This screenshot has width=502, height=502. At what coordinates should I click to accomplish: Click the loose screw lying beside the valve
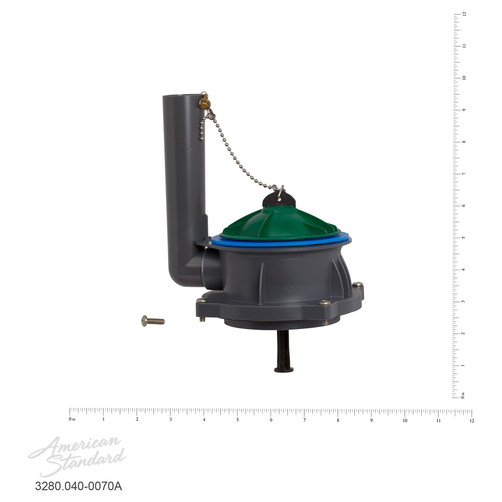[153, 321]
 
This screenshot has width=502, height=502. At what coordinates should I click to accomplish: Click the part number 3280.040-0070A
[79, 486]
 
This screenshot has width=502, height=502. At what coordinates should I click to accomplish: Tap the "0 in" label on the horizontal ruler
[72, 419]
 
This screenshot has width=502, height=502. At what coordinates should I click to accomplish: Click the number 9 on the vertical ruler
[464, 110]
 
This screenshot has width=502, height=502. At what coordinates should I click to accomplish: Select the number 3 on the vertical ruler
[464, 302]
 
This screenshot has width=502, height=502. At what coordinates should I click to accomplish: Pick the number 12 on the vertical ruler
[464, 14]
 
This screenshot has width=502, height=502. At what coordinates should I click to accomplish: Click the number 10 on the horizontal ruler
[405, 420]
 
